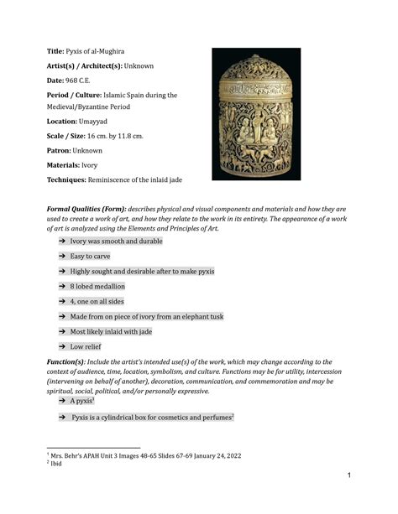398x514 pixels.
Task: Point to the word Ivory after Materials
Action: point(101,164)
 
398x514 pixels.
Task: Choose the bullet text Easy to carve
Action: point(90,257)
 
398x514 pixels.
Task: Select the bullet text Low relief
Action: point(86,345)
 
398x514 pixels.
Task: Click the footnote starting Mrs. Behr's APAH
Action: point(126,454)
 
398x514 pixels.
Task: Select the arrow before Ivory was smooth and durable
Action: point(62,241)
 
